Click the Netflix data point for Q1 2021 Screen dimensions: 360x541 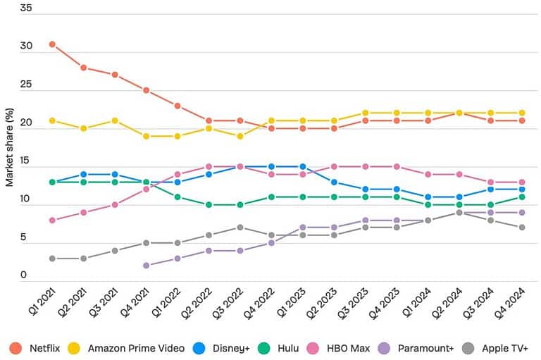click(51, 44)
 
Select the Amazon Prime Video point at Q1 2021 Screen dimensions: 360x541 click(51, 120)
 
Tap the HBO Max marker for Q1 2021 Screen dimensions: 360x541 click(51, 220)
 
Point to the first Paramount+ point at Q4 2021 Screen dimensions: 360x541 click(146, 266)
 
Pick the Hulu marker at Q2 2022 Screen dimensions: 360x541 click(209, 205)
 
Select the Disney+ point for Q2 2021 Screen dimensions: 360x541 click(83, 174)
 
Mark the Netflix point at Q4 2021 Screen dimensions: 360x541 click(146, 90)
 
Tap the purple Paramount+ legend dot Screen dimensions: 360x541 click(385, 348)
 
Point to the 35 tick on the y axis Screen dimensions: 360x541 click(26, 8)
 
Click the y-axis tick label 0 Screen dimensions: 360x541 click(23, 275)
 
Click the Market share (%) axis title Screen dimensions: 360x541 click(10, 144)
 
